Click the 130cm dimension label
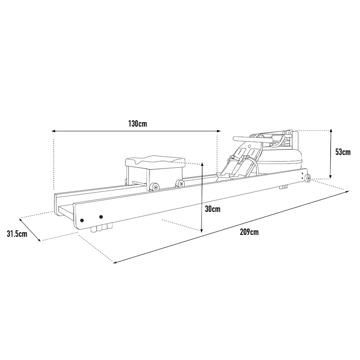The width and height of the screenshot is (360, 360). click(138, 124)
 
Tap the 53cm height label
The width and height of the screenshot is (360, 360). click(343, 152)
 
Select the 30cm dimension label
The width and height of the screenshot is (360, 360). click(213, 209)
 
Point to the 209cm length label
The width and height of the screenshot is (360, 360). click(249, 232)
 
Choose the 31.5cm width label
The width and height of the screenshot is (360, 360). click(17, 234)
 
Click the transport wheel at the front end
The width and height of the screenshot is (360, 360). click(308, 178)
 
